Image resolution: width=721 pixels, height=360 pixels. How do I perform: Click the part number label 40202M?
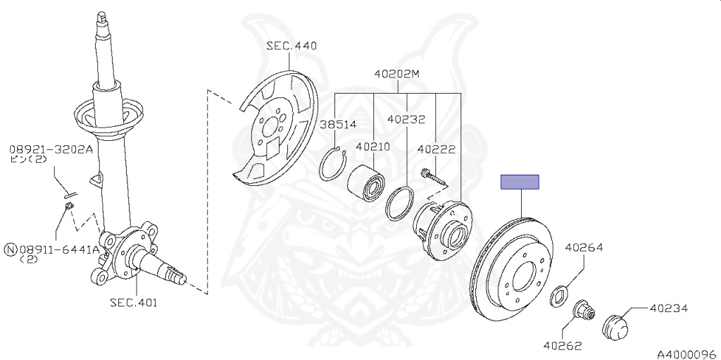click(396, 73)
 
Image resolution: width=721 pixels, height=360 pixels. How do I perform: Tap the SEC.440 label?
click(291, 46)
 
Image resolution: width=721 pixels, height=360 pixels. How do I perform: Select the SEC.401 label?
click(133, 303)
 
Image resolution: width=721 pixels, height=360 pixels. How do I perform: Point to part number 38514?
click(338, 125)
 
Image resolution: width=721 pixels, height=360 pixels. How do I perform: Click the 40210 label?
click(373, 148)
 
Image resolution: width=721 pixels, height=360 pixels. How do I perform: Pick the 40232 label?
click(406, 119)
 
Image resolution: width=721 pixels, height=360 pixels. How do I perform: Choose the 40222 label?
click(436, 149)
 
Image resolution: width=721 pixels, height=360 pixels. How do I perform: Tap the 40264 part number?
click(584, 247)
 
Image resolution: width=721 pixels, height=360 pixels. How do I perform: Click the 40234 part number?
click(668, 308)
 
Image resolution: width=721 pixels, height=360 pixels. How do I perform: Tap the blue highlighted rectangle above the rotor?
click(520, 182)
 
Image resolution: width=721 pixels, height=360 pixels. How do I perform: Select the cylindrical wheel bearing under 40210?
click(366, 180)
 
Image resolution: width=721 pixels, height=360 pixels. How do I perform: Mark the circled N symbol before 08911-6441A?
click(11, 249)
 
